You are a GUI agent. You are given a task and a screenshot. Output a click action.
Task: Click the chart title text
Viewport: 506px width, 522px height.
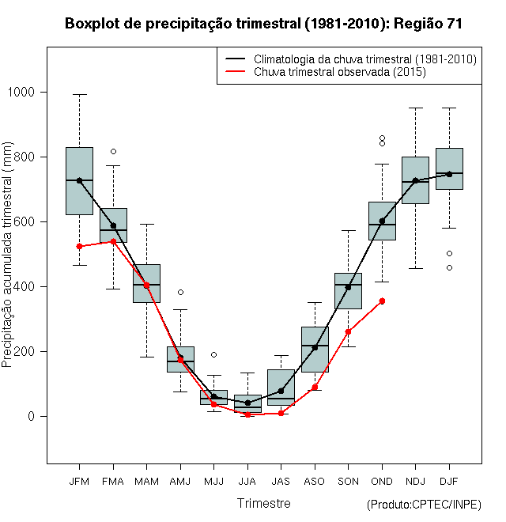coord(263,24)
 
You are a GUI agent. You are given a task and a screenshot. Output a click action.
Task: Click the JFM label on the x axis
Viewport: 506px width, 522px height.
coord(79,481)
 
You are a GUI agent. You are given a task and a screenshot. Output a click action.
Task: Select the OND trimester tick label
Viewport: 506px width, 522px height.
coord(382,481)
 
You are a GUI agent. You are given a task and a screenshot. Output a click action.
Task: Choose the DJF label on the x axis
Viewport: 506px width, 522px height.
coord(449,481)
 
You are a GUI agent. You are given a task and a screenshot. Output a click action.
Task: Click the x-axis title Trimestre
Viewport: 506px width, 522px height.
coord(264,503)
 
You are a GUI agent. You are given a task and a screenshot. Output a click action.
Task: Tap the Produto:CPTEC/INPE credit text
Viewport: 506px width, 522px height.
coord(424,505)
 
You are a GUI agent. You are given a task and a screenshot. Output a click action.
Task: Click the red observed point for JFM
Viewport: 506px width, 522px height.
coord(79,246)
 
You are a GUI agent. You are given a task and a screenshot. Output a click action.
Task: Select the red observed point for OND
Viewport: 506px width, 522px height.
coord(382,301)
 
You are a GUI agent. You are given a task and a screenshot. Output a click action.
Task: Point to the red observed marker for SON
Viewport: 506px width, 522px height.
coord(348,331)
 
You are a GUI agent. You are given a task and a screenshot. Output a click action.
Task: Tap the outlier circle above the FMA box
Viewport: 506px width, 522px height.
coord(113,151)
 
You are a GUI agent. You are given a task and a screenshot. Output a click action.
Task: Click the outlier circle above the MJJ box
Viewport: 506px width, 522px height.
coord(213,354)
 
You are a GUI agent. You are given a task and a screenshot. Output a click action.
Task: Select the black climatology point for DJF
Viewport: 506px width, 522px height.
coord(449,174)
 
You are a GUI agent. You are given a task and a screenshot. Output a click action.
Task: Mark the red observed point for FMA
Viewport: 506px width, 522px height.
coord(113,241)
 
